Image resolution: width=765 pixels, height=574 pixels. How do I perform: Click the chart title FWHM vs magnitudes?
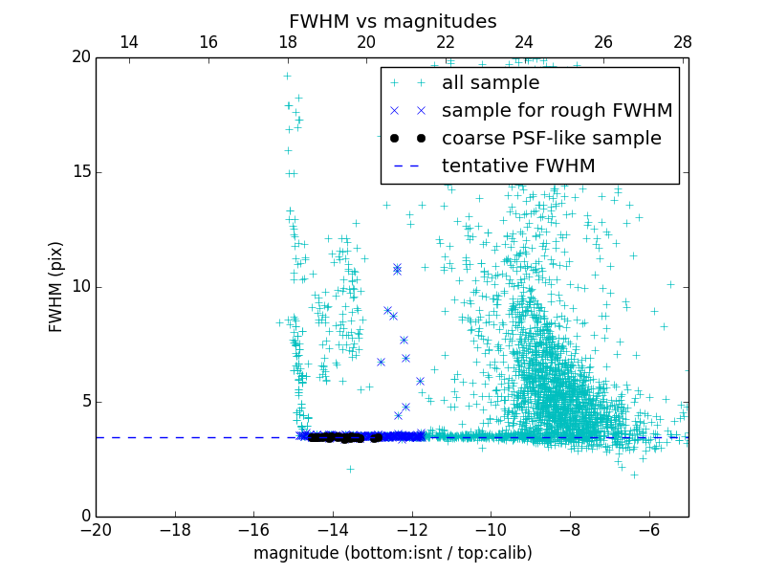click(x=392, y=21)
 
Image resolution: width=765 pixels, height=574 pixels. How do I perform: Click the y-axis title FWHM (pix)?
click(x=56, y=286)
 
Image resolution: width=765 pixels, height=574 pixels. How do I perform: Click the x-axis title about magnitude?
click(x=392, y=553)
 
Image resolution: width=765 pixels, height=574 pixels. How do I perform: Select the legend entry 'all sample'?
click(x=491, y=83)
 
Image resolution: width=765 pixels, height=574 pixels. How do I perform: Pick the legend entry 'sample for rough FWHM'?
click(x=557, y=111)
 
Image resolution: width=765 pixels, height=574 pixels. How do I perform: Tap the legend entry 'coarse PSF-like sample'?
click(x=551, y=139)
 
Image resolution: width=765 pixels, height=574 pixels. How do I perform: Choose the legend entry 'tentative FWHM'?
click(x=518, y=166)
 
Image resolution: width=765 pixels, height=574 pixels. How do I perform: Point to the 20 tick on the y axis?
click(x=81, y=57)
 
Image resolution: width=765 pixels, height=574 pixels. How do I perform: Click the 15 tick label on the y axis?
click(x=81, y=172)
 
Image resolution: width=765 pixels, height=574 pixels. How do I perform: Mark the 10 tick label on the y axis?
click(x=81, y=287)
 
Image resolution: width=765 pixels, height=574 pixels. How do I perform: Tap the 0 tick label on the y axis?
click(x=85, y=517)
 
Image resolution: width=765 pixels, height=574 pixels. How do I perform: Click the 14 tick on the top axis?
click(x=129, y=42)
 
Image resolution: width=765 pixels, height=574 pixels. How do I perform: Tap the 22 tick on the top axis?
click(x=446, y=42)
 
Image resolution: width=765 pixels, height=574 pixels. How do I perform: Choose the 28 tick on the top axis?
click(x=683, y=42)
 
